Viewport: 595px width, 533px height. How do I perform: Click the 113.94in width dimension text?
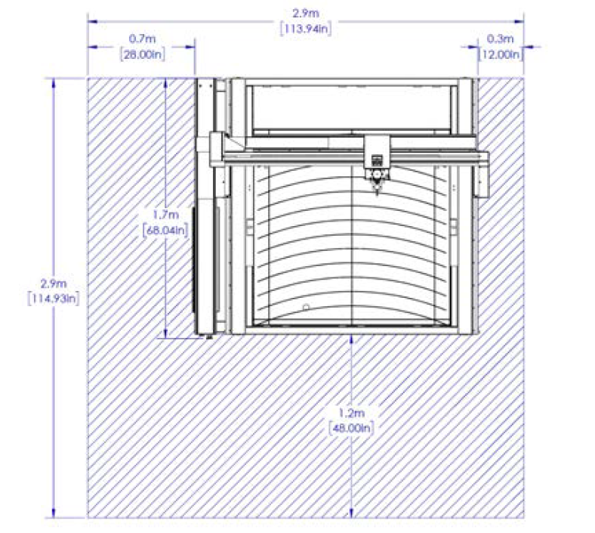tap(306, 29)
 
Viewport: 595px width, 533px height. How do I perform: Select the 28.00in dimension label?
tap(143, 54)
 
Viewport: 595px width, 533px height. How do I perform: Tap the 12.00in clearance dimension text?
tap(501, 54)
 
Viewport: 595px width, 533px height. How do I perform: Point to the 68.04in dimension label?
tap(165, 231)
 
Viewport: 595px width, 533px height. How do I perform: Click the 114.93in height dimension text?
tap(54, 299)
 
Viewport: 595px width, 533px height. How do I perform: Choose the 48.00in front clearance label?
tap(351, 428)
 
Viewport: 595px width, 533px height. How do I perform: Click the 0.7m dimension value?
tap(142, 39)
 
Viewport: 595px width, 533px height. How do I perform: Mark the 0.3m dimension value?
tap(500, 39)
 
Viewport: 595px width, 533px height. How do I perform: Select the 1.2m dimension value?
tap(351, 412)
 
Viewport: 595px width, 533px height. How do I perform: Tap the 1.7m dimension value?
tap(165, 215)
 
